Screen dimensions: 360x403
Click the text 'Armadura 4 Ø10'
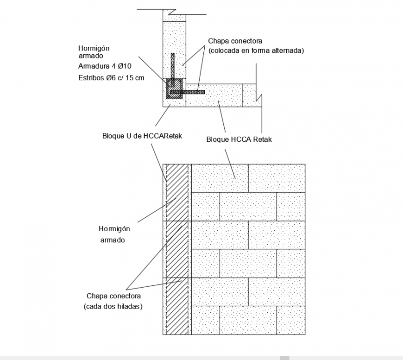105,66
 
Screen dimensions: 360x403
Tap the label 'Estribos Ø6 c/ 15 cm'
112,78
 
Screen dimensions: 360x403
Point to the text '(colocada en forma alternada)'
256,51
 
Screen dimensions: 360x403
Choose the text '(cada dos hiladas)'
113,306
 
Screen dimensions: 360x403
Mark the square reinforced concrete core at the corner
175,88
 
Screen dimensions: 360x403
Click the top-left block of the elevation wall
220,178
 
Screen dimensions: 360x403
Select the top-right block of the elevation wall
277,178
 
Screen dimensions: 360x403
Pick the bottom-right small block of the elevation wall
291,320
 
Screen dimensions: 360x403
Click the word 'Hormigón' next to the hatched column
114,229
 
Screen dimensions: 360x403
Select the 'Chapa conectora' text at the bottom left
113,296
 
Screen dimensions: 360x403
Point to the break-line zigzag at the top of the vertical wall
174,11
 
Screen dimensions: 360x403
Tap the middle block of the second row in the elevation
248,206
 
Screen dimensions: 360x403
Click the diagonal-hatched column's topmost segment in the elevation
176,192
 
